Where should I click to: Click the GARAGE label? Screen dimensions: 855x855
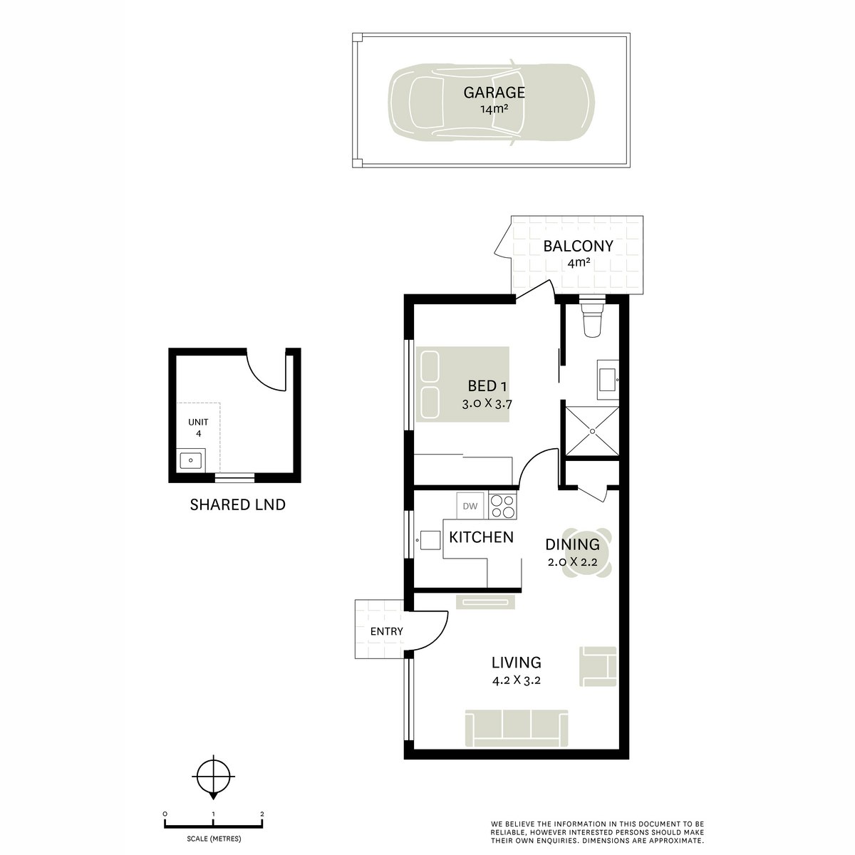(494, 93)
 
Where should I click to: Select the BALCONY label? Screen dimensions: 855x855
(578, 247)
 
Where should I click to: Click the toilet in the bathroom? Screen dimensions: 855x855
(592, 319)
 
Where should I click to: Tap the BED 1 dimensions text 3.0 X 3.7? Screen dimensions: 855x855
(487, 403)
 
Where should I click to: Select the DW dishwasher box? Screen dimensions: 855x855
(470, 507)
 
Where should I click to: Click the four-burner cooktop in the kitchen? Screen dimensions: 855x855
(502, 506)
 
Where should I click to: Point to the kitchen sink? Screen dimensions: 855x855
(430, 541)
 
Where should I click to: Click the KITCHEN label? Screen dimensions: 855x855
(481, 537)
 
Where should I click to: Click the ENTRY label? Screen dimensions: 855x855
(386, 631)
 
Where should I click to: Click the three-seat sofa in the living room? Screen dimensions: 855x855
(517, 728)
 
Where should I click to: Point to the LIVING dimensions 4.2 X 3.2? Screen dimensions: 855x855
(517, 680)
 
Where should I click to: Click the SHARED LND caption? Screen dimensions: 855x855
(237, 505)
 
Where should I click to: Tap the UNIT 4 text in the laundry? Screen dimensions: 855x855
(198, 427)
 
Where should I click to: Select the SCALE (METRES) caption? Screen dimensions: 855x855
(214, 839)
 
